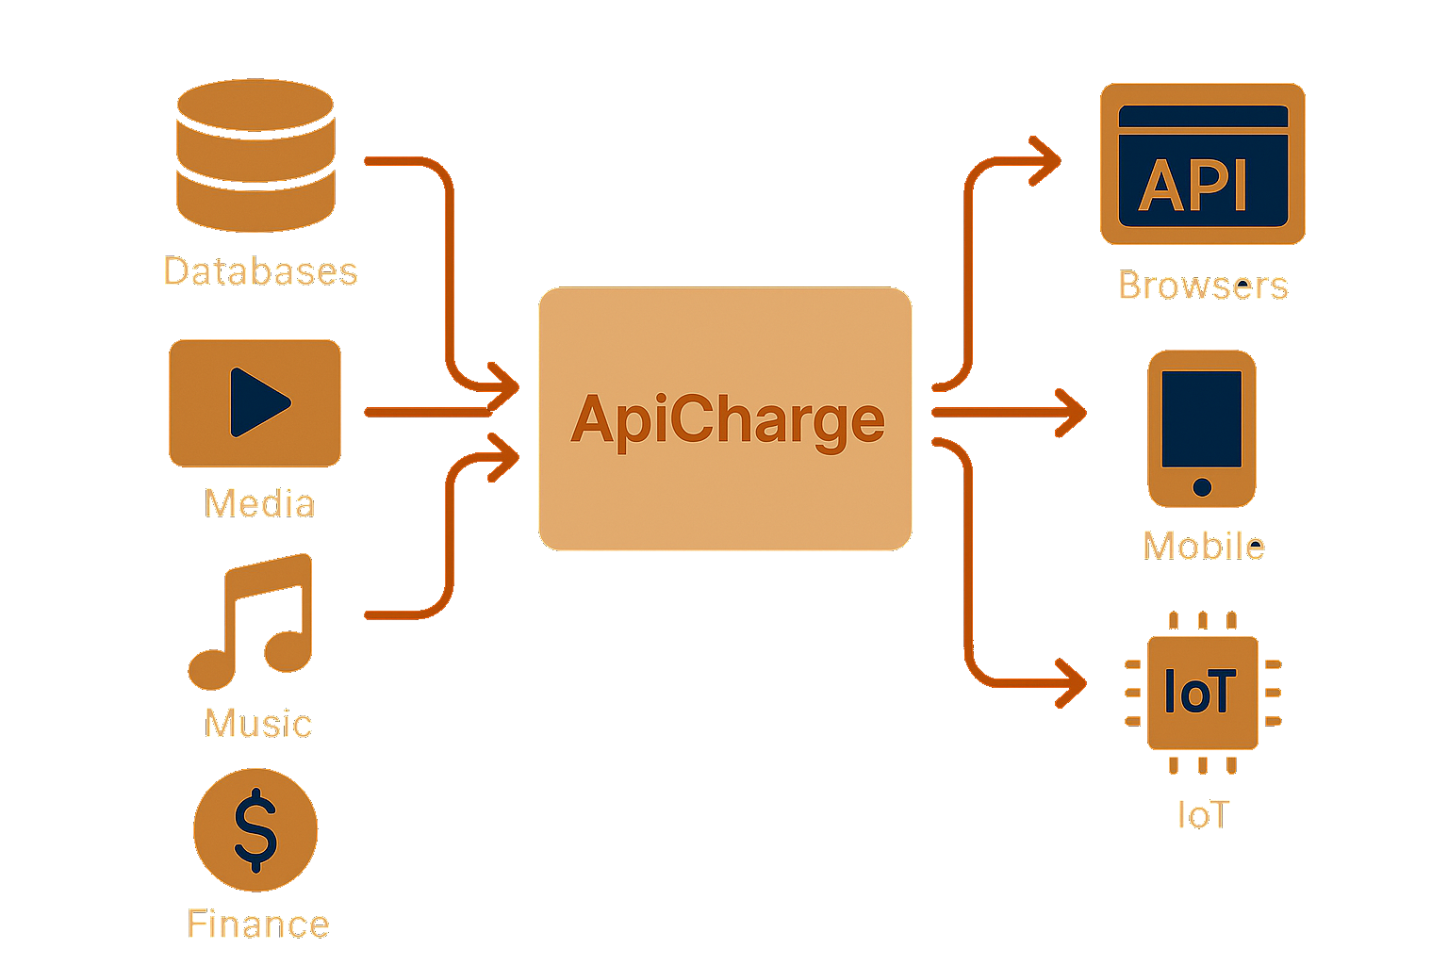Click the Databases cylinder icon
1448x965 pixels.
[x=255, y=155]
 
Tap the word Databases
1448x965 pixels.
[x=260, y=271]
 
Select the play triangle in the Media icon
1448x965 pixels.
[x=257, y=402]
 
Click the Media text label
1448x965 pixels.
[x=259, y=503]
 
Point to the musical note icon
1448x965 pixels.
[x=253, y=621]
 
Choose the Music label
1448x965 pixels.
[x=258, y=724]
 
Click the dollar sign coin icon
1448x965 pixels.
[x=255, y=829]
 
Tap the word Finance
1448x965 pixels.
[x=258, y=924]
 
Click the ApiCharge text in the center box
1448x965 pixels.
[x=727, y=419]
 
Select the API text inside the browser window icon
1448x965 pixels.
[x=1193, y=185]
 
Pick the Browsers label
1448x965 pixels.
[x=1203, y=286]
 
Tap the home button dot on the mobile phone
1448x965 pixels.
[x=1202, y=486]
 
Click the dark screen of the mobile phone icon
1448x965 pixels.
[x=1202, y=417]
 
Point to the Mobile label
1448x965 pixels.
[x=1204, y=546]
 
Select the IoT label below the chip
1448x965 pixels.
[x=1203, y=815]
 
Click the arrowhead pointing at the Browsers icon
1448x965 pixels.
[x=1045, y=161]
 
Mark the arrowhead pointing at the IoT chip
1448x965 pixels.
[x=1071, y=681]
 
